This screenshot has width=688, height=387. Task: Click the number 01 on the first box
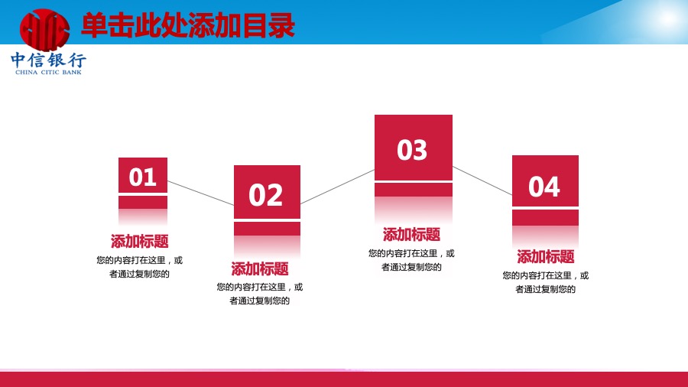[x=143, y=177]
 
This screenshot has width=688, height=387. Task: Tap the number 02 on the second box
[x=266, y=195]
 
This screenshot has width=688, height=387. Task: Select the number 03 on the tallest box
[x=412, y=150]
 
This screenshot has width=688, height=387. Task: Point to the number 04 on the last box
[x=544, y=187]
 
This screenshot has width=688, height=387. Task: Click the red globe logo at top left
[x=44, y=29]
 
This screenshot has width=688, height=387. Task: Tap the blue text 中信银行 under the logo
[x=48, y=60]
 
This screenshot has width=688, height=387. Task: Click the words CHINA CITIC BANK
[x=48, y=73]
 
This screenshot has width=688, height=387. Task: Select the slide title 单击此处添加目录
[x=188, y=26]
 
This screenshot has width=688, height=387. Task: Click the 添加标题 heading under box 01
[x=140, y=241]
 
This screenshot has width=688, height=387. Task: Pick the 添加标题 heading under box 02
[x=260, y=268]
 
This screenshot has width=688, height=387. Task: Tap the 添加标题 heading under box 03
[x=411, y=234]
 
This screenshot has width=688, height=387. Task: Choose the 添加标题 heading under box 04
[x=545, y=256]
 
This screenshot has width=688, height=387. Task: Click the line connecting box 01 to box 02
[x=200, y=193]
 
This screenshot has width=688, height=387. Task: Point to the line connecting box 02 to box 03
[x=337, y=187]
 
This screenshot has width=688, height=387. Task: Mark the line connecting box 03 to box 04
[x=482, y=180]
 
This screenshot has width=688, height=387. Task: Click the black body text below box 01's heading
[x=140, y=267]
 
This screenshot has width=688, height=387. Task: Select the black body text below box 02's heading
[x=260, y=294]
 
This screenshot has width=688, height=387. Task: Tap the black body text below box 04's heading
[x=545, y=282]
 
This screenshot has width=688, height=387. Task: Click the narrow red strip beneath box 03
[x=414, y=190]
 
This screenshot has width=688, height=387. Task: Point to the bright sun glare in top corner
[x=668, y=18]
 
